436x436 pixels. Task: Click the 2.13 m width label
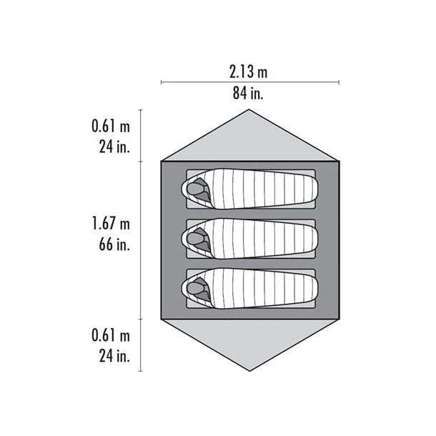(248, 71)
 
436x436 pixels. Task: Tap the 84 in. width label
(248, 93)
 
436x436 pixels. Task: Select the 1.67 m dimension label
(111, 224)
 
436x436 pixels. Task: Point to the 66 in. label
(114, 244)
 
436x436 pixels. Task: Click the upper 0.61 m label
(111, 126)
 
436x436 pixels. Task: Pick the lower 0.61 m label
(111, 335)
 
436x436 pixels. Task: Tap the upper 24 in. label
(114, 147)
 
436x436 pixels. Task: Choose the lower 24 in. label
(114, 356)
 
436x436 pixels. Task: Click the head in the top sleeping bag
(193, 189)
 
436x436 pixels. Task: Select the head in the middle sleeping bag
(193, 238)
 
